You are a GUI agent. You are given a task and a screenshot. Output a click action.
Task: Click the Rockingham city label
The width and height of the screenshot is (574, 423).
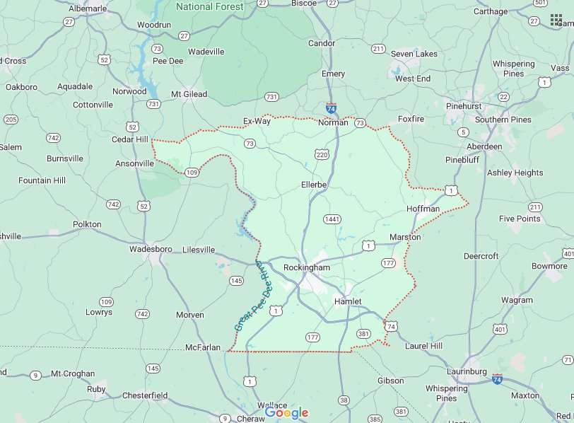(306, 268)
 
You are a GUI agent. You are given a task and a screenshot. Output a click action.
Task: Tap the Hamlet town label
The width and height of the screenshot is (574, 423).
(347, 301)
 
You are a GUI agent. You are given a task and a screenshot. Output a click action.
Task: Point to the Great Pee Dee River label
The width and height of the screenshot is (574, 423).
(248, 296)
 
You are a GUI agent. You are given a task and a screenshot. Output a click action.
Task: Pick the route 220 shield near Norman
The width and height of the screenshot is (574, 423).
(322, 153)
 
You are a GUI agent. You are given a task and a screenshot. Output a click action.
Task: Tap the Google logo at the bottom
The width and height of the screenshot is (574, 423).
(287, 412)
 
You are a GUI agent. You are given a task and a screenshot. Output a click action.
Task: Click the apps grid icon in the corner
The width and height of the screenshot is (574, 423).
(556, 19)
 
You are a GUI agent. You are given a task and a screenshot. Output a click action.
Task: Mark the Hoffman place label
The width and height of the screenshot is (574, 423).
(423, 209)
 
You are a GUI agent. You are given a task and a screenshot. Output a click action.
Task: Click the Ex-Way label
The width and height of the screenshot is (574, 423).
(257, 121)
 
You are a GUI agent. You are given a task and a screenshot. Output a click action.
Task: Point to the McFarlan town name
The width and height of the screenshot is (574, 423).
(204, 347)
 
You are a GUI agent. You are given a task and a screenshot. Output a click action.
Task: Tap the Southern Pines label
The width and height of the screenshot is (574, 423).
(503, 120)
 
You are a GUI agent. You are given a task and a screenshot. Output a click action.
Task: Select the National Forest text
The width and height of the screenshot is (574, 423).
(209, 7)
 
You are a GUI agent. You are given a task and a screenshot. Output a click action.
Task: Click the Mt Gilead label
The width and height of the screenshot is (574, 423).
(189, 94)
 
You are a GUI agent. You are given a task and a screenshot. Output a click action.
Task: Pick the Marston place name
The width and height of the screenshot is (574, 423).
(405, 237)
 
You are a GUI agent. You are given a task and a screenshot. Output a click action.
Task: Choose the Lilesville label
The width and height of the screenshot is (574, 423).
(198, 250)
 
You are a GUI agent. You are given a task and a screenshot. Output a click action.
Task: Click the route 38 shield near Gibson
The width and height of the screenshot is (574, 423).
(344, 400)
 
